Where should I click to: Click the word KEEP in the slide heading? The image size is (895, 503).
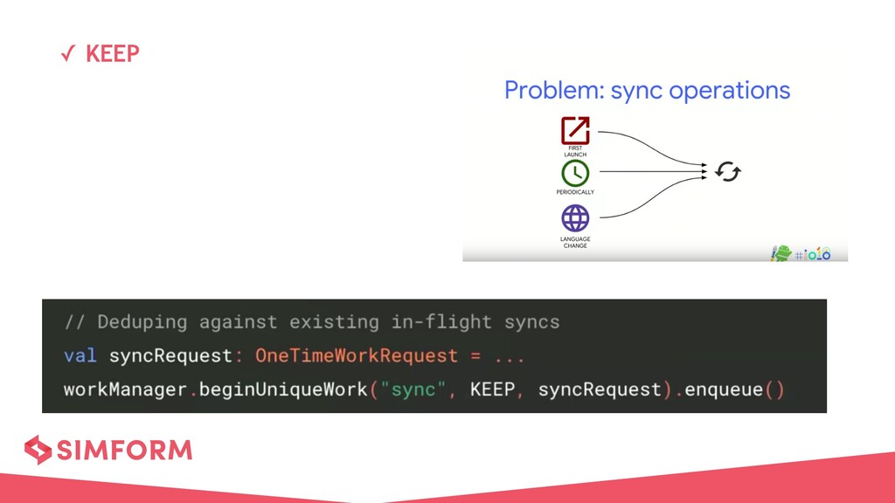coord(113,54)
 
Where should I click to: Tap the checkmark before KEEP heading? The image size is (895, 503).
coord(66,55)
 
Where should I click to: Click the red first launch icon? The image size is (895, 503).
coord(575,130)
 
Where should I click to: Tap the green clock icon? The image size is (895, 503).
coord(575,173)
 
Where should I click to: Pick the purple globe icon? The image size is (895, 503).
coord(575,218)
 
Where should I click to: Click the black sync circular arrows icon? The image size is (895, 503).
coord(727,172)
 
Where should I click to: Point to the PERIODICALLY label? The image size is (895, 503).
coord(575,192)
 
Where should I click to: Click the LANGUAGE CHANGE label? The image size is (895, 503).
coord(575,242)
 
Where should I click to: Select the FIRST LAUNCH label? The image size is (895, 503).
coord(575,152)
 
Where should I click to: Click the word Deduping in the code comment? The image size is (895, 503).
coord(142,321)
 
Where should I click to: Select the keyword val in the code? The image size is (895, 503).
coord(80,355)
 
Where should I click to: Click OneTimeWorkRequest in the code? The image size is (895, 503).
coord(356,355)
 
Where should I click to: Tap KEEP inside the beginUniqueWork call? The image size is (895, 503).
coord(492,389)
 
